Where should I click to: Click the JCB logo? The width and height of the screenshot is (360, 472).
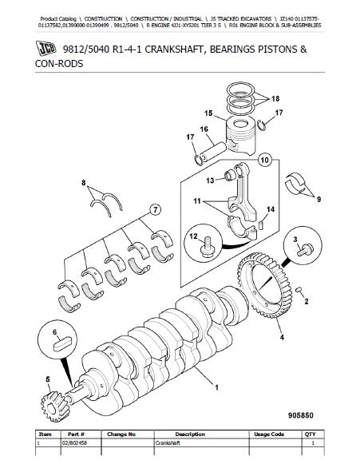[46, 48]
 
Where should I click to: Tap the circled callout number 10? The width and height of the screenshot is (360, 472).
[264, 160]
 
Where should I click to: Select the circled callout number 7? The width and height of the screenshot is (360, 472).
[155, 209]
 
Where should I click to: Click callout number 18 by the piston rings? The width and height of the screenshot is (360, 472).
[275, 99]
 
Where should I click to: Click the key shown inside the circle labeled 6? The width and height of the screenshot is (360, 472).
[62, 343]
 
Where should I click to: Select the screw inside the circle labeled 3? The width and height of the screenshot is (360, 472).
[306, 250]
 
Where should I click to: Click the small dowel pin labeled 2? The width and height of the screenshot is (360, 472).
[299, 290]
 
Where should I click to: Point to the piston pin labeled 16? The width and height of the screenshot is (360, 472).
[213, 152]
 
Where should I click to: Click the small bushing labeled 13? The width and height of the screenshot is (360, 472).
[230, 175]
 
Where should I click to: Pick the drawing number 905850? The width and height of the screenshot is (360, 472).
[301, 415]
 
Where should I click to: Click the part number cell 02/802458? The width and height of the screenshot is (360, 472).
[74, 443]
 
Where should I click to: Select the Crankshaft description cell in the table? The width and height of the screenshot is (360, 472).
[168, 443]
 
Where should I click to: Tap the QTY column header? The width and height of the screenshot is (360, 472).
[310, 434]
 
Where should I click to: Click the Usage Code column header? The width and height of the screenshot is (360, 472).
[269, 434]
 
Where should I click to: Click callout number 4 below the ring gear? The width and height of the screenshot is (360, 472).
[282, 338]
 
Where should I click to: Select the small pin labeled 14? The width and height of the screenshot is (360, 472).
[261, 225]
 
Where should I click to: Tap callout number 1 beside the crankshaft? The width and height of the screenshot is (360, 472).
[216, 387]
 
